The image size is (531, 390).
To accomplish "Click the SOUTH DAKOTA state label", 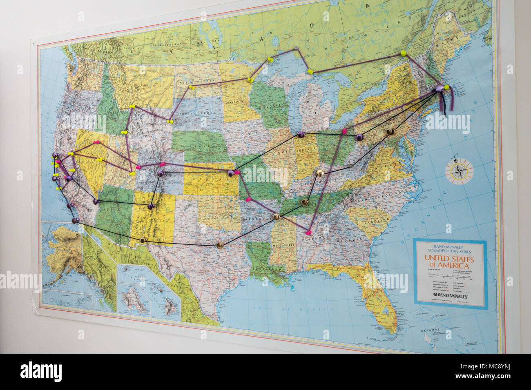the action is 192,113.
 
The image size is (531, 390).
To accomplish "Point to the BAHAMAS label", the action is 431,330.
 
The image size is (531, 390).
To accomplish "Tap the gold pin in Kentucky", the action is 320,173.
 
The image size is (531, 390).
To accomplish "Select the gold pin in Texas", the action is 220,245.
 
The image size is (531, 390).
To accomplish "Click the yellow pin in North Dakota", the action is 191,87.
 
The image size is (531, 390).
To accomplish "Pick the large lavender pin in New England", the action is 439,88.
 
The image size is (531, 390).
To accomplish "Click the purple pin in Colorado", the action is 160,174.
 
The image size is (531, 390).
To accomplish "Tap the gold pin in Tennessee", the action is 304,202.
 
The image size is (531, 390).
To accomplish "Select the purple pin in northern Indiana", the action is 301,134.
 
